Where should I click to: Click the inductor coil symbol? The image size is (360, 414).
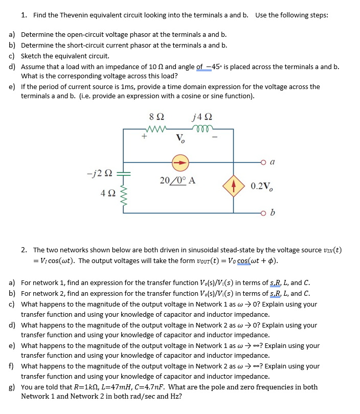click(200, 128)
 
